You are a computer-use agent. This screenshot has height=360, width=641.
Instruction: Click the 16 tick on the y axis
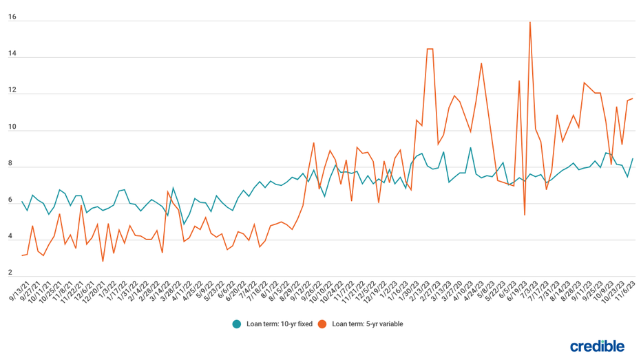pyautogui.click(x=12, y=18)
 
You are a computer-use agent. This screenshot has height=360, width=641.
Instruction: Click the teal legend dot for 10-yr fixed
pyautogui.click(x=237, y=324)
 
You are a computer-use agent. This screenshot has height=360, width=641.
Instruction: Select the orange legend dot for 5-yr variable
pyautogui.click(x=322, y=324)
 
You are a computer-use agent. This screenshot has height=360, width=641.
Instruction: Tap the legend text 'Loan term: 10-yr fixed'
pyautogui.click(x=279, y=324)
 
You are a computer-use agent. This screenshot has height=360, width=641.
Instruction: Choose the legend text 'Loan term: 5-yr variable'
pyautogui.click(x=368, y=324)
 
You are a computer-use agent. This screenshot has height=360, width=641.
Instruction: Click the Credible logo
pyautogui.click(x=597, y=346)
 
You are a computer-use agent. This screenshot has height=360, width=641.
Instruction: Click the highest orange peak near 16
pyautogui.click(x=529, y=22)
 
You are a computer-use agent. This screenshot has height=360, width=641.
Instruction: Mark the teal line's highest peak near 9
pyautogui.click(x=470, y=148)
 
